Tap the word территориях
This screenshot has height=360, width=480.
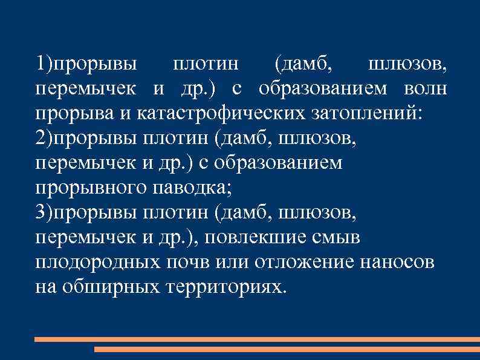(223, 287)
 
